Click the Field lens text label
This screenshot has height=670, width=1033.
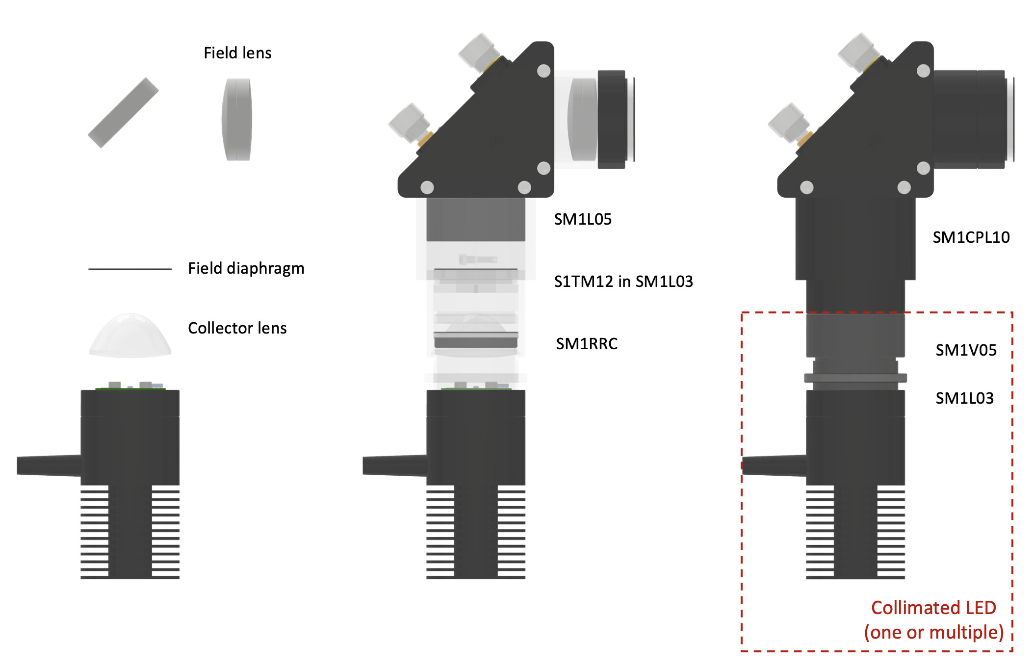[237, 53]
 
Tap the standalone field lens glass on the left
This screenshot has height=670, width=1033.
[237, 119]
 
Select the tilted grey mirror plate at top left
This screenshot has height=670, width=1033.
[123, 112]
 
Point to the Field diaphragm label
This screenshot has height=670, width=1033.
[246, 268]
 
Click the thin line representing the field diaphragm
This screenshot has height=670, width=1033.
[130, 269]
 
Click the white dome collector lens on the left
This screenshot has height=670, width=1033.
[130, 336]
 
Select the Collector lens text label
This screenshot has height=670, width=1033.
[237, 328]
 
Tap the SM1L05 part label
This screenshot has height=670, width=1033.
[583, 219]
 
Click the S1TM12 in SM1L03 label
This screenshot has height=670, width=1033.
[623, 282]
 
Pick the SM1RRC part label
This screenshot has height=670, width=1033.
[587, 344]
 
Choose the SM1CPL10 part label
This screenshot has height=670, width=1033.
[971, 237]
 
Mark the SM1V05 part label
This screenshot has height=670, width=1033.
[966, 350]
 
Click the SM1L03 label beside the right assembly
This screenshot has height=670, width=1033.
[964, 398]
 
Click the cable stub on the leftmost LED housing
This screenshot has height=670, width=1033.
[49, 465]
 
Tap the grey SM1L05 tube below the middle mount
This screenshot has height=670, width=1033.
[475, 219]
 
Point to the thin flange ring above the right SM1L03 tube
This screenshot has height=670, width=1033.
[855, 378]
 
